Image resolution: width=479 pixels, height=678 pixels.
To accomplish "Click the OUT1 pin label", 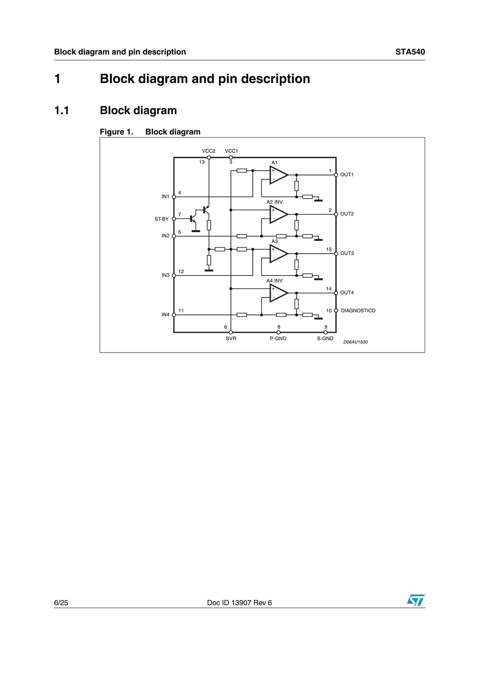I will (347, 175).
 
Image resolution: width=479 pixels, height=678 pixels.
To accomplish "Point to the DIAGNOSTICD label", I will (358, 311).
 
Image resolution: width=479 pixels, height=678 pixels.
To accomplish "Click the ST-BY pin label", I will (161, 219).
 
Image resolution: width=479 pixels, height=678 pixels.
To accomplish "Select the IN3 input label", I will (165, 275).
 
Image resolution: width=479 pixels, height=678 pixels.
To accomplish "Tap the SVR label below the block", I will (231, 338).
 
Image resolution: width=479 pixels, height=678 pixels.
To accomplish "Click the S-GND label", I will (325, 338).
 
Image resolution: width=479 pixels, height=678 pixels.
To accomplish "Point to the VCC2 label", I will (208, 151).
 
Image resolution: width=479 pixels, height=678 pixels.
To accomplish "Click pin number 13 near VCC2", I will (202, 162).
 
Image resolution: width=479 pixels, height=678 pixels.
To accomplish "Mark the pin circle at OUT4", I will (336, 293).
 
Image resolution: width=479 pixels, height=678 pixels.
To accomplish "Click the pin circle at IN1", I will (174, 197).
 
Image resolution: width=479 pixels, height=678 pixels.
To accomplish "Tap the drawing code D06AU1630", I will (355, 342).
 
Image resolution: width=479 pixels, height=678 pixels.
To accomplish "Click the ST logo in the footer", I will (416, 600).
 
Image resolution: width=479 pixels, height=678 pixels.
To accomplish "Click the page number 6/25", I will (61, 603).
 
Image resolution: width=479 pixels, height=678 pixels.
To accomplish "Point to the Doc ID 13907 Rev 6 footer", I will (239, 603).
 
